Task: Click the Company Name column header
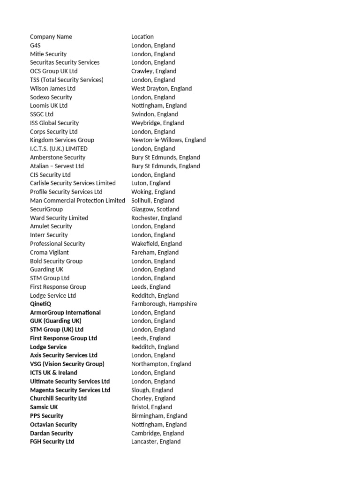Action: [51, 37]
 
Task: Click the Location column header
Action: [142, 37]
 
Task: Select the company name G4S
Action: [35, 45]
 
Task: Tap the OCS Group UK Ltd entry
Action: [54, 71]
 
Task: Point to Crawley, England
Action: [154, 71]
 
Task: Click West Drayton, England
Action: [161, 89]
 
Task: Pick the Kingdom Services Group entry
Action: [62, 140]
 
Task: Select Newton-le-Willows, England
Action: [168, 140]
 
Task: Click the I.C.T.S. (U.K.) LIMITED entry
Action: [59, 149]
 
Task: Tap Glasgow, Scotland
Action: [155, 209]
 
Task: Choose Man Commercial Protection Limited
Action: [77, 201]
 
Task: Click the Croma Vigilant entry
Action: [49, 252]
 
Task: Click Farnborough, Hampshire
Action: [164, 304]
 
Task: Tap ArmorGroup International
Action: [65, 313]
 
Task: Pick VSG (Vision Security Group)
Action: [67, 364]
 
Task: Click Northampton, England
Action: [161, 364]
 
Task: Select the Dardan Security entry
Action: [52, 433]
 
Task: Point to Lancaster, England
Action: [156, 442]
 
